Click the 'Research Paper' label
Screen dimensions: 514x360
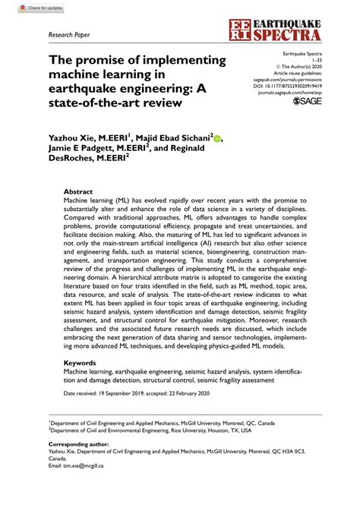(x=68, y=35)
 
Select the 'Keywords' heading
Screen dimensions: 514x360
(x=79, y=363)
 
